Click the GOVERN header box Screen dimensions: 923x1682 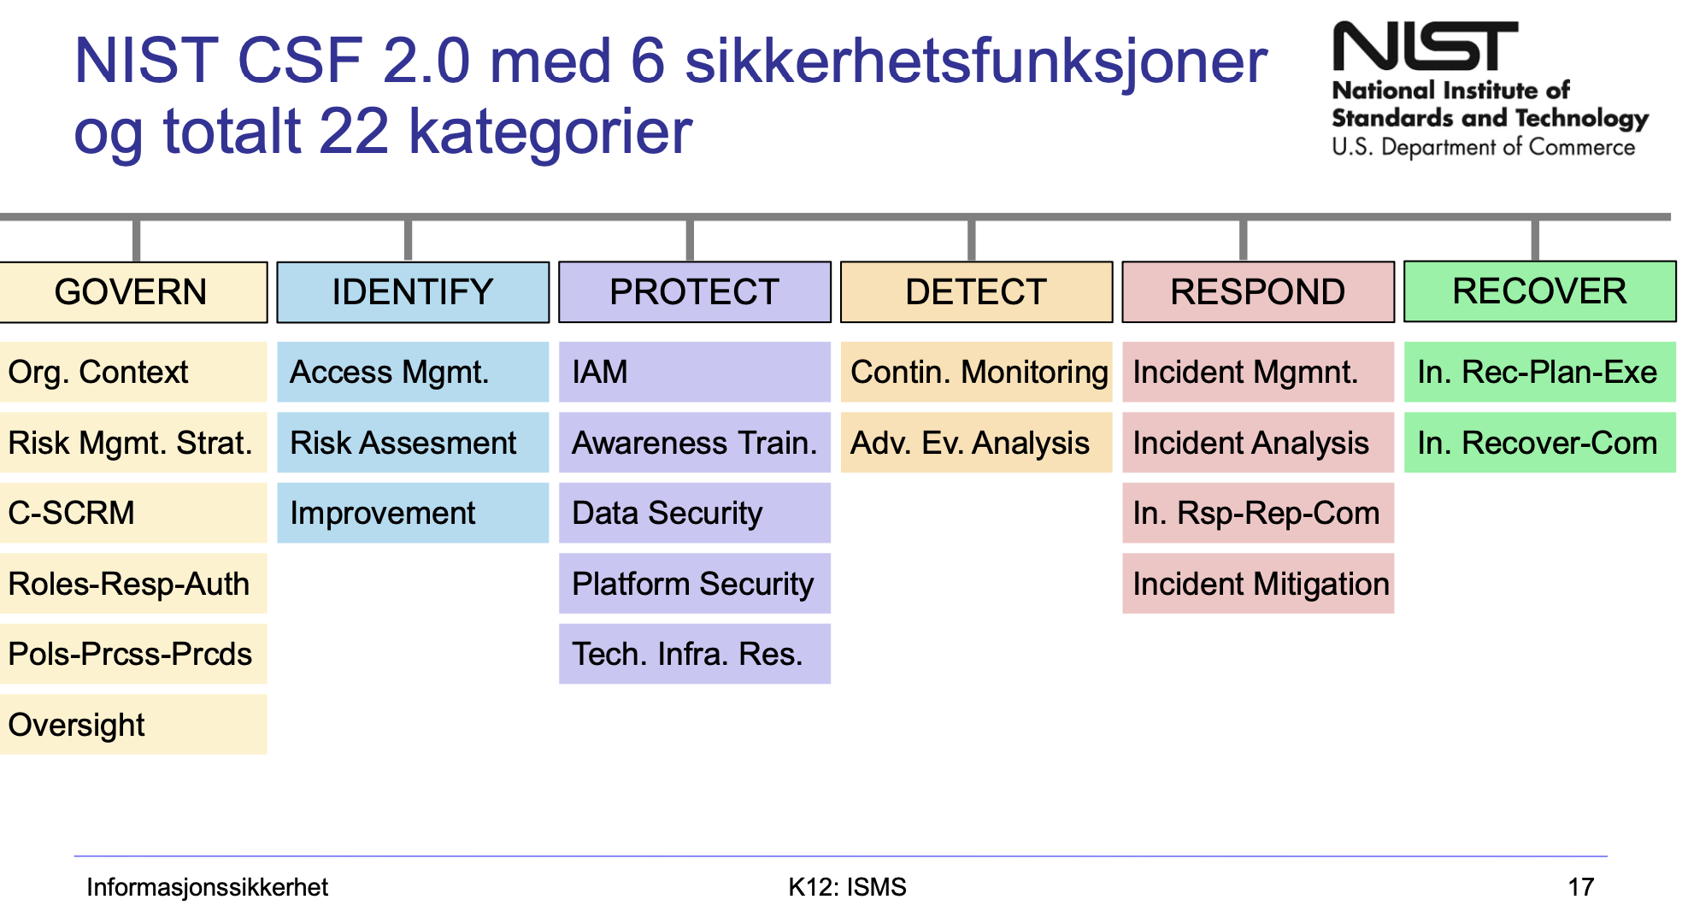coord(132,292)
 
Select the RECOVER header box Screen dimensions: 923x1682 coord(1539,291)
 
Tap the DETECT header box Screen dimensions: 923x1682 coord(976,292)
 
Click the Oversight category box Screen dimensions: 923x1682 coord(132,724)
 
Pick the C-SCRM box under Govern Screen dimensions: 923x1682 coord(132,513)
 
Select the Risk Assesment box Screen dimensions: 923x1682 coord(412,443)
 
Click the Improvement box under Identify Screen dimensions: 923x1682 coord(412,513)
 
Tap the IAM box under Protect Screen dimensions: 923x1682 coord(694,372)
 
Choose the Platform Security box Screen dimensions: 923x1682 coord(694,584)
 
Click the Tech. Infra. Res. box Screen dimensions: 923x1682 coord(694,654)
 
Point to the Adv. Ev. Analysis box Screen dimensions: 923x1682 coord(976,443)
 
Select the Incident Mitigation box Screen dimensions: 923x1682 coord(1258,584)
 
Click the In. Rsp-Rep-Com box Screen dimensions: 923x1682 coord(1258,513)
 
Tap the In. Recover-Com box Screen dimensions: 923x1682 coord(1539,443)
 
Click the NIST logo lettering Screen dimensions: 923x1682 coord(1425,47)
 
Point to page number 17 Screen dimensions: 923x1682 coord(1580,887)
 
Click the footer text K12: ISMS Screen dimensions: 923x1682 coord(847,887)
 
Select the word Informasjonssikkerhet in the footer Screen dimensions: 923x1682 coord(207,887)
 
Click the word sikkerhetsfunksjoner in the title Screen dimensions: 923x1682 coord(975,62)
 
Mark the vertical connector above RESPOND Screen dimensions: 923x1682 coord(1243,239)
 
